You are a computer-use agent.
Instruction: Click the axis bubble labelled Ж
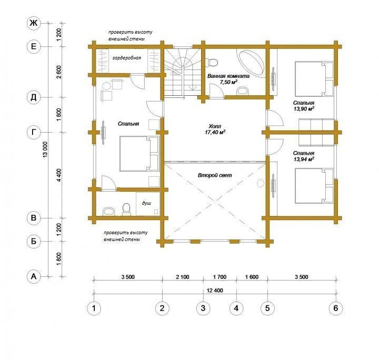pyautogui.click(x=34, y=23)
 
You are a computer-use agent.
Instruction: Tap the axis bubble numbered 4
pyautogui.click(x=236, y=308)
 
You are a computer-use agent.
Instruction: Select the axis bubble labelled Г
pyautogui.click(x=34, y=133)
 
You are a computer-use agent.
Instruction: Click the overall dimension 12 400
pyautogui.click(x=215, y=290)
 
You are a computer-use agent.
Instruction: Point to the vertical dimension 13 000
pyautogui.click(x=45, y=150)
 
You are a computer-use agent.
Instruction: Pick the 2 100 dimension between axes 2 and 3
pyautogui.click(x=183, y=277)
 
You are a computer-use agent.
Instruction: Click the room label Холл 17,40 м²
pyautogui.click(x=215, y=129)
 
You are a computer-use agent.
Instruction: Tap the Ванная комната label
pyautogui.click(x=228, y=76)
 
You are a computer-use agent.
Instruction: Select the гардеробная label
pyautogui.click(x=127, y=58)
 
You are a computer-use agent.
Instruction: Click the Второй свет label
pyautogui.click(x=215, y=175)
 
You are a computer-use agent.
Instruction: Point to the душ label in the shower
pyautogui.click(x=146, y=203)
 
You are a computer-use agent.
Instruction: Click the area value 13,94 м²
pyautogui.click(x=304, y=159)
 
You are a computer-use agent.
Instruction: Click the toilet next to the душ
pyautogui.click(x=126, y=209)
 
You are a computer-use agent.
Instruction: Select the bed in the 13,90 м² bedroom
pyautogui.click(x=314, y=79)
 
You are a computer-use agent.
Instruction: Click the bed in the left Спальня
pyautogui.click(x=139, y=154)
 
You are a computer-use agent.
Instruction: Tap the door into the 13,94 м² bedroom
pyautogui.click(x=275, y=146)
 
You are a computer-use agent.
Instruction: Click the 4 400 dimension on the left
pyautogui.click(x=59, y=175)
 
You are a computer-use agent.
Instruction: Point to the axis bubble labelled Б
pyautogui.click(x=34, y=242)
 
